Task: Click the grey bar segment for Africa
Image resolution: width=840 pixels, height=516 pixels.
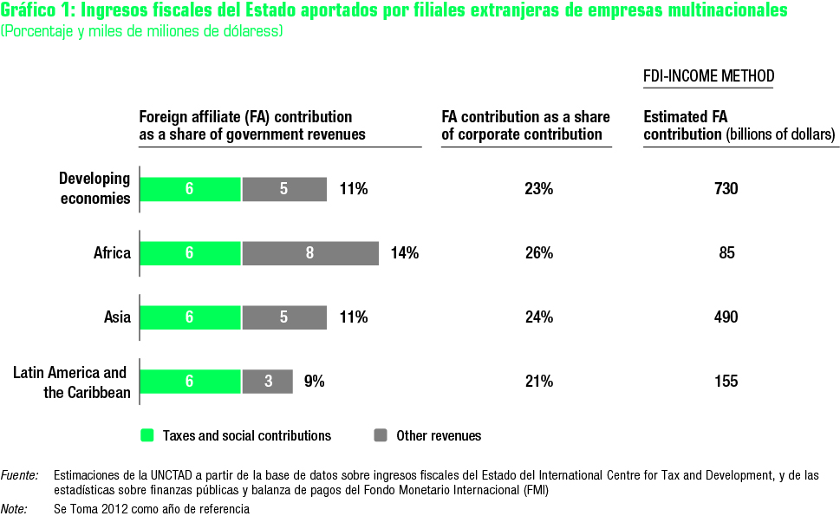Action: [310, 253]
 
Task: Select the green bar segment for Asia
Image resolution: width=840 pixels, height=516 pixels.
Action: [190, 317]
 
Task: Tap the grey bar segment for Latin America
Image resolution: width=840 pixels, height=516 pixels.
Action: [267, 382]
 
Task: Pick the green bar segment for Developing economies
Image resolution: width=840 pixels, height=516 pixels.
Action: [190, 189]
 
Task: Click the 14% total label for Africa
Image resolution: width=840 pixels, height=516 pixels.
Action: [405, 253]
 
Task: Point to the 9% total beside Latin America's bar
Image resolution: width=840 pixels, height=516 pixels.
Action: [314, 381]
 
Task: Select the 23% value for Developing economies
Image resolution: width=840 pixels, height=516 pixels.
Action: [538, 189]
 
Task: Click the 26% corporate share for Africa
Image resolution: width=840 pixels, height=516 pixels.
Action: [538, 253]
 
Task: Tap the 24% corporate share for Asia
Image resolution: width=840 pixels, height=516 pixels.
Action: [538, 317]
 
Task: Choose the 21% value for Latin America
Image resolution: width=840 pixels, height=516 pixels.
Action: [538, 381]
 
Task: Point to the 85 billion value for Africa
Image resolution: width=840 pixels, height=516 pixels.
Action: [726, 253]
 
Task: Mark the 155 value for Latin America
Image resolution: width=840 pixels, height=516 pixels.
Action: [726, 381]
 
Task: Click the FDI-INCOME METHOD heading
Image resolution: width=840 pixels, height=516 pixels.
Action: [708, 76]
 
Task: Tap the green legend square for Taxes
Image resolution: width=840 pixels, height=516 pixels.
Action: [147, 435]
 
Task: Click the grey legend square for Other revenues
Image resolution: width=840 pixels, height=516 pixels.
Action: [381, 435]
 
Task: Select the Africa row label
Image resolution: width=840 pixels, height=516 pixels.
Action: [112, 253]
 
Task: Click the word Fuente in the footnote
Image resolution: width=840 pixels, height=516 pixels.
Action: [19, 475]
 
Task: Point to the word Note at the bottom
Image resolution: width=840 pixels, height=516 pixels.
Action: [14, 509]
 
